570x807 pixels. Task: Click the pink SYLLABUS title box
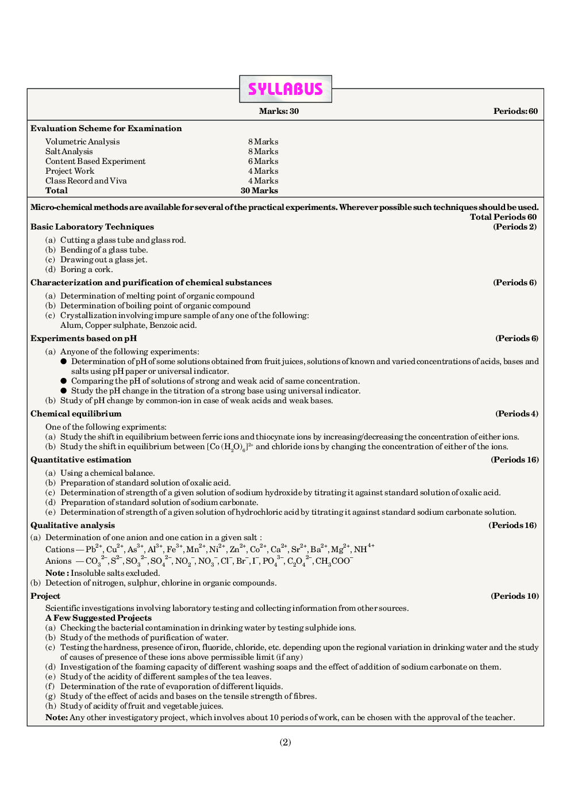click(285, 89)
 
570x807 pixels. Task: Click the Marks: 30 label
click(279, 111)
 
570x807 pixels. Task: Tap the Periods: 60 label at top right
click(515, 111)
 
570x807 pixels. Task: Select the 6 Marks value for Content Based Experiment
click(263, 161)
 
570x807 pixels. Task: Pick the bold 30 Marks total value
click(259, 190)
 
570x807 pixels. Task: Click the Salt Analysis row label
click(69, 151)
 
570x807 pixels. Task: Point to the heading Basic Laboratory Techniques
click(92, 227)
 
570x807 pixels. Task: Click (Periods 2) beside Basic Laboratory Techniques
click(515, 227)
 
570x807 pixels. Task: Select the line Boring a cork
click(86, 269)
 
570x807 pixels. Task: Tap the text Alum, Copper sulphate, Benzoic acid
click(128, 325)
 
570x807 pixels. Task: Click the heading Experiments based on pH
click(83, 338)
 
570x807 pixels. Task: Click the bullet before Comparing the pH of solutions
click(64, 381)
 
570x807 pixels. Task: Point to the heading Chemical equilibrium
click(76, 414)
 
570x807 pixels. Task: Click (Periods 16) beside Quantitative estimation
click(514, 460)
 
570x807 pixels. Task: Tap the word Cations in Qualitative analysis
click(60, 549)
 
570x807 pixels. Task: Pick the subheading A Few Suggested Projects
click(98, 618)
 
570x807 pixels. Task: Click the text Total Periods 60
click(503, 217)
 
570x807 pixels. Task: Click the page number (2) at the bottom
click(285, 742)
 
